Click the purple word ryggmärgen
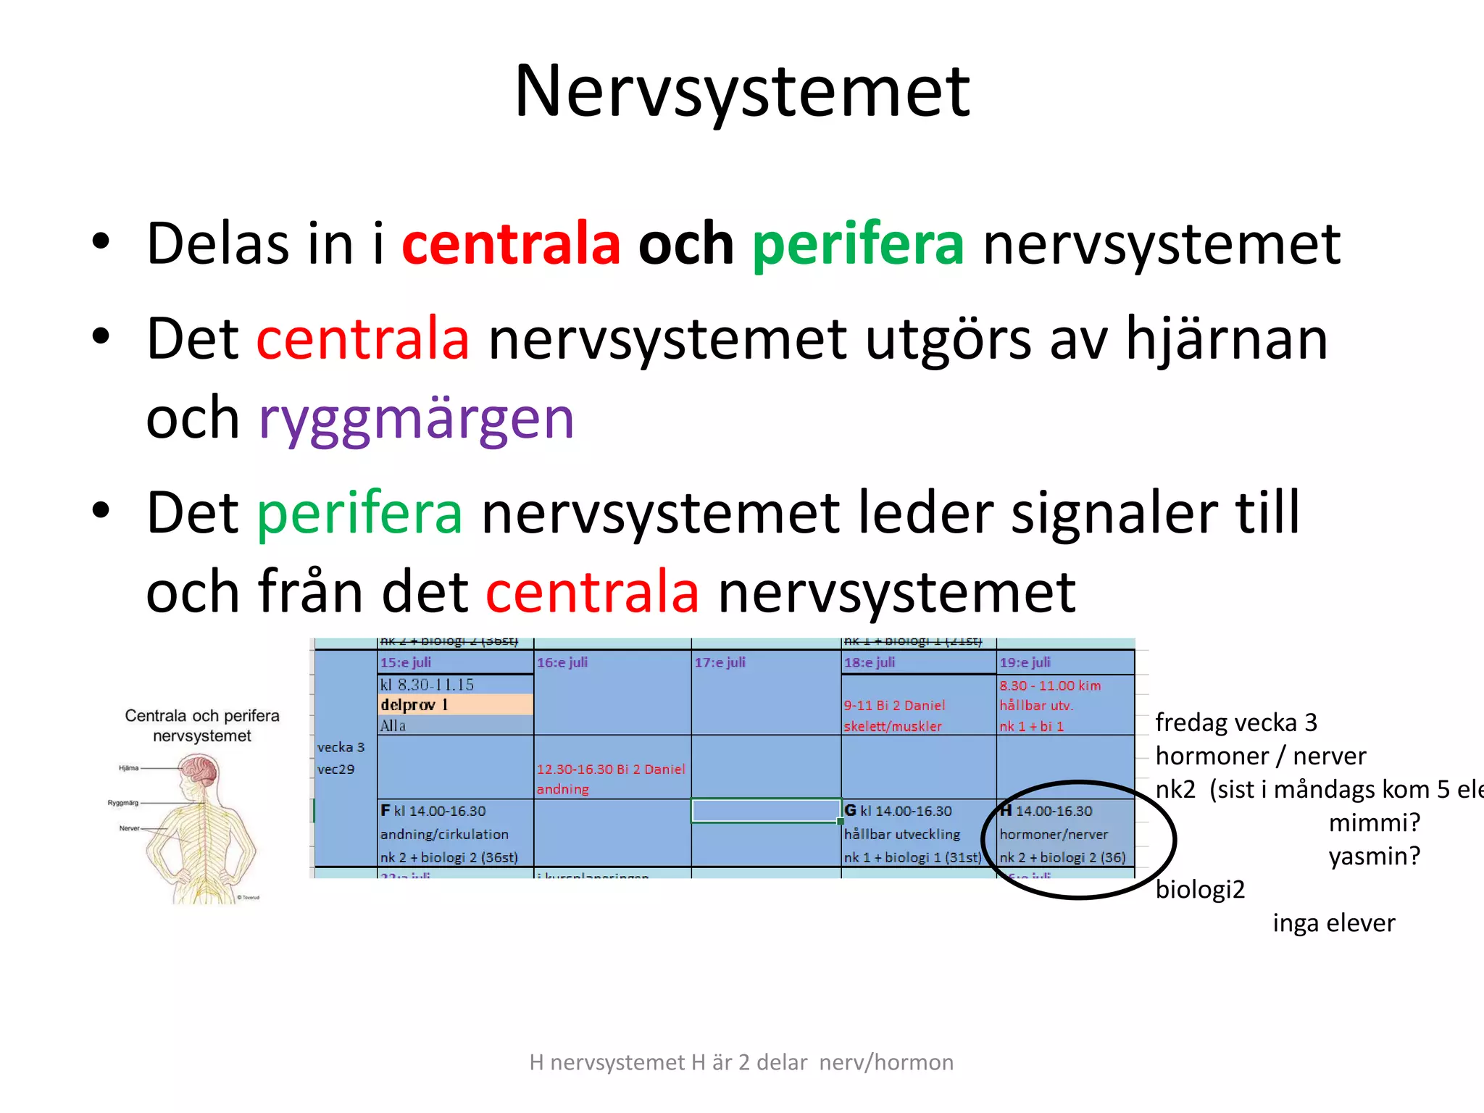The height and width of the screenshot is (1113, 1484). click(x=417, y=419)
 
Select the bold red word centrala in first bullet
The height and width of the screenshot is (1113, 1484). click(x=511, y=243)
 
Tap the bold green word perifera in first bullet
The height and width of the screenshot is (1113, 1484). click(x=858, y=243)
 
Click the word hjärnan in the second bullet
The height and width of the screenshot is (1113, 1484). click(x=1226, y=339)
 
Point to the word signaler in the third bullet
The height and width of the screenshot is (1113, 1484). click(x=1112, y=513)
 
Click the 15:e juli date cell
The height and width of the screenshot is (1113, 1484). click(x=406, y=662)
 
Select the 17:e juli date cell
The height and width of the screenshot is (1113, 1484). click(x=720, y=662)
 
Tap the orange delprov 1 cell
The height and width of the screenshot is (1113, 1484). click(x=415, y=704)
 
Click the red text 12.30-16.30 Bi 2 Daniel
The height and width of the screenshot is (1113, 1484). click(x=610, y=769)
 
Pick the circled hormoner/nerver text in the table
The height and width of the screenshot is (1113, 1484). click(x=1054, y=834)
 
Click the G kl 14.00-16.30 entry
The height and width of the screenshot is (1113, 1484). click(x=899, y=811)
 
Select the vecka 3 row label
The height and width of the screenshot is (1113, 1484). click(x=341, y=747)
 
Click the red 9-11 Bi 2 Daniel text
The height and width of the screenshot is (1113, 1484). click(x=894, y=705)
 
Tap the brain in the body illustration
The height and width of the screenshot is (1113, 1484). click(x=199, y=770)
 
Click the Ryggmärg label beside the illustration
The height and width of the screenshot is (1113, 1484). click(x=123, y=803)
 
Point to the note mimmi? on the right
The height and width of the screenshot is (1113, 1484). click(x=1374, y=822)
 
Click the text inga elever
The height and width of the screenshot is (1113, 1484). click(x=1333, y=923)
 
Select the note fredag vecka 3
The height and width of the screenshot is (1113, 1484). click(x=1235, y=722)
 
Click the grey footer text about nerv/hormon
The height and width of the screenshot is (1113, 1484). click(x=741, y=1062)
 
